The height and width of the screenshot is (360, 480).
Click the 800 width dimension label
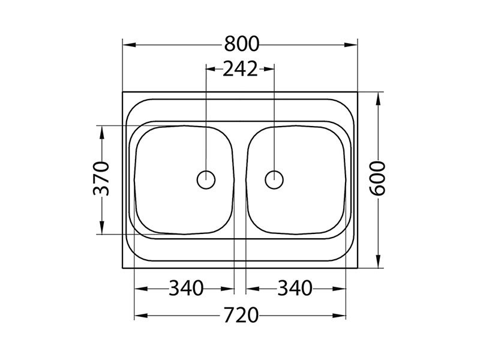coord(242,44)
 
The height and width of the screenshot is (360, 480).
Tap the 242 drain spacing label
coord(241,69)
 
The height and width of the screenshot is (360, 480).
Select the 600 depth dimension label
coord(377,178)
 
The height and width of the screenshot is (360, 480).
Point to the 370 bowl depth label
coord(101,178)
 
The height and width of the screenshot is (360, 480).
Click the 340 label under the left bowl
coord(186,288)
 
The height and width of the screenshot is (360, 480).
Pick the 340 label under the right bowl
coord(295,288)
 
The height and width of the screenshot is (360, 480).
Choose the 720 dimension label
coord(241,316)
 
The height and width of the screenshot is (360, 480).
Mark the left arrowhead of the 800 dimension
coord(129,44)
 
